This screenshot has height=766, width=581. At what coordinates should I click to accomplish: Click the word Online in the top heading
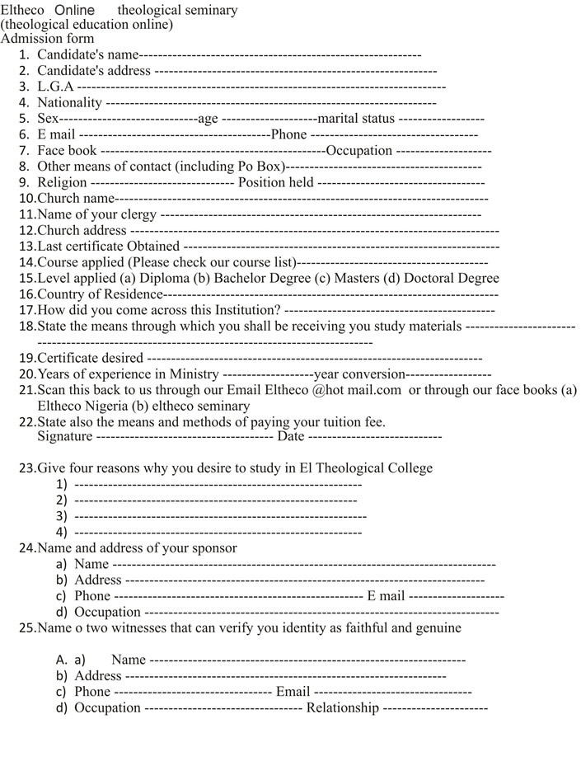click(x=74, y=10)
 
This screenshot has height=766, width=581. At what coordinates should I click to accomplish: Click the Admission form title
click(x=48, y=39)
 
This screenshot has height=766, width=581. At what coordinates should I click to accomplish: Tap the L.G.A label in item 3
click(x=55, y=87)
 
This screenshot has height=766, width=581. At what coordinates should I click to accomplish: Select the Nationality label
click(x=70, y=103)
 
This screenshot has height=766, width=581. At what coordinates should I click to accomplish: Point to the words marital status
click(x=350, y=119)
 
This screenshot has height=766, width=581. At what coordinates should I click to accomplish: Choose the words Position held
click(x=275, y=182)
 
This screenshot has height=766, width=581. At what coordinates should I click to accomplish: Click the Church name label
click(x=75, y=199)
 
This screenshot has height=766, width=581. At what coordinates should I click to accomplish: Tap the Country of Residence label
click(x=100, y=294)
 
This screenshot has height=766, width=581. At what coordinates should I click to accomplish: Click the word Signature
click(x=65, y=436)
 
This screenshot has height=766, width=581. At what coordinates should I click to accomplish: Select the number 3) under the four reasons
click(x=61, y=516)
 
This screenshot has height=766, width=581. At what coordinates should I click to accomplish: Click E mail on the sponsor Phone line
click(x=386, y=596)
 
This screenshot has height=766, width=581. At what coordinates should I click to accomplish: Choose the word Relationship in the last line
click(x=343, y=708)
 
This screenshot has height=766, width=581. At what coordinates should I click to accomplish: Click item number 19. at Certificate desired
click(x=27, y=359)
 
